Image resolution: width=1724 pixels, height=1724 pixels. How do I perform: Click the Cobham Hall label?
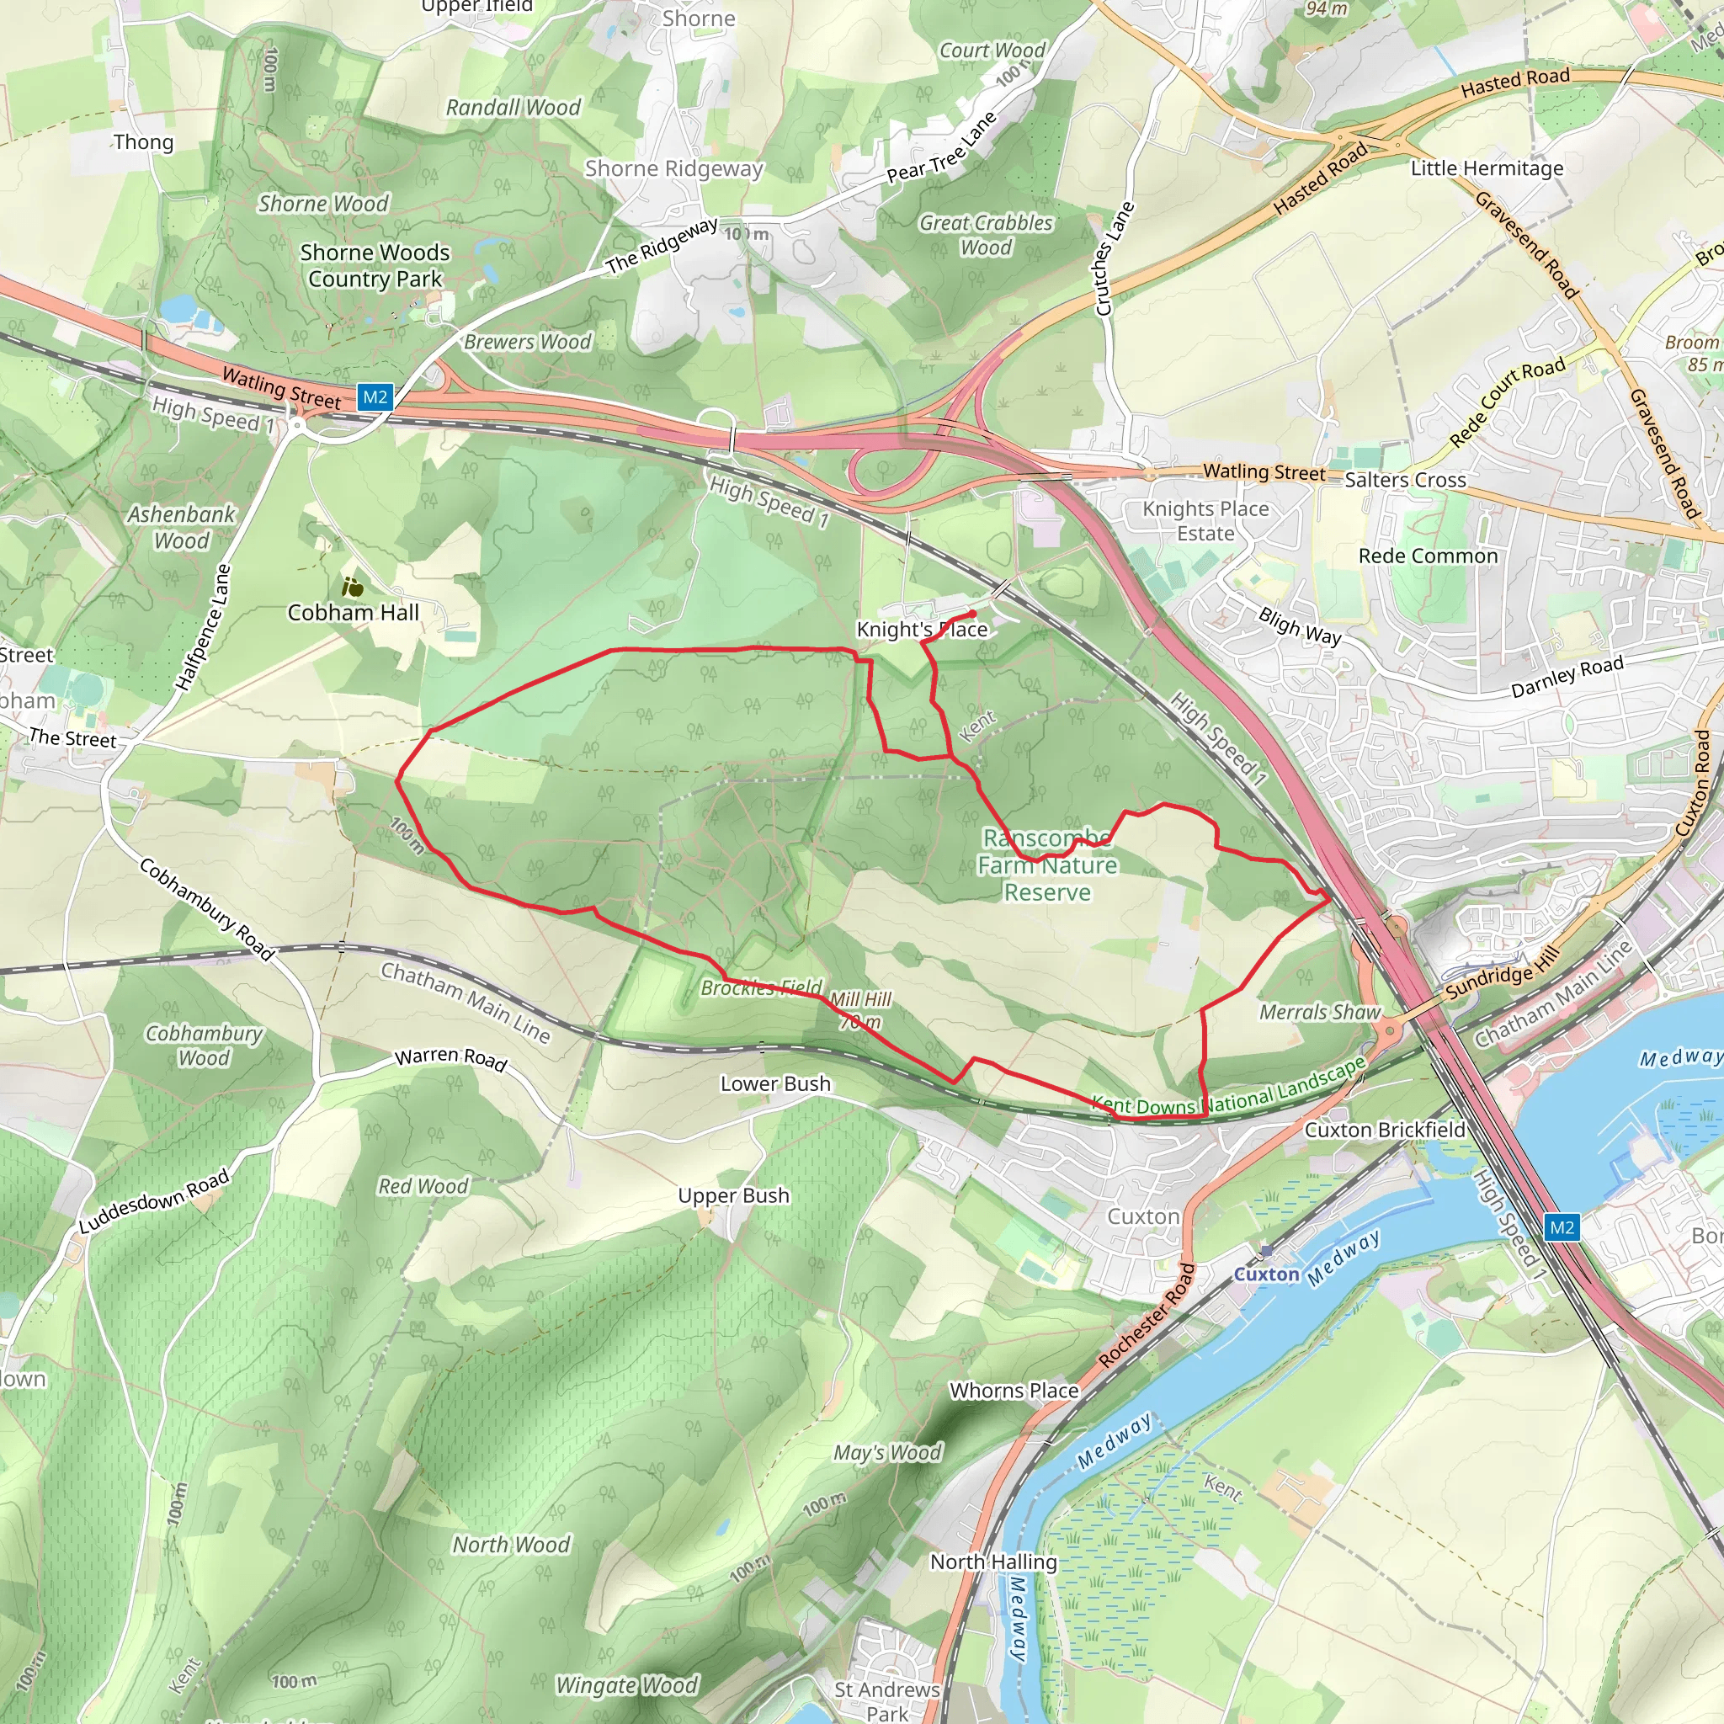(353, 612)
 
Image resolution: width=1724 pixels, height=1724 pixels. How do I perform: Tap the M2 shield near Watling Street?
(375, 397)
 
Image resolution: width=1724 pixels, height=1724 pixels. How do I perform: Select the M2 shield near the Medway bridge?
(1562, 1227)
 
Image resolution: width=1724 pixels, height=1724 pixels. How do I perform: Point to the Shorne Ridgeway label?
(673, 168)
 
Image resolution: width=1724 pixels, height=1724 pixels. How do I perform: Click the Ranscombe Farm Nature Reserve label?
(1047, 865)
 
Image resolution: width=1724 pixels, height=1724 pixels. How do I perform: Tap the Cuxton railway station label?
(1266, 1274)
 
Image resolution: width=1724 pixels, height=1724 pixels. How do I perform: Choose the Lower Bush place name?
(775, 1083)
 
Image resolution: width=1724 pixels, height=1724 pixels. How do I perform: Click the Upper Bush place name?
(733, 1195)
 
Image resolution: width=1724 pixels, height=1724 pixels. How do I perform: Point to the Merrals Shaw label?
(1320, 1012)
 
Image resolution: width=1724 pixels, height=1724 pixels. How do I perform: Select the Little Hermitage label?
(1487, 168)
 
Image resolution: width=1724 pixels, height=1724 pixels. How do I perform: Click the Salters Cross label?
(1406, 480)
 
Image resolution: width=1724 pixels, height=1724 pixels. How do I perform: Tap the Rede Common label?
(1428, 556)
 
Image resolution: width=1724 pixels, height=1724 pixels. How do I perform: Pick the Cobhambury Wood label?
(205, 1045)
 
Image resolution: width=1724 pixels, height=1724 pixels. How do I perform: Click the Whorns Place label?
(1014, 1391)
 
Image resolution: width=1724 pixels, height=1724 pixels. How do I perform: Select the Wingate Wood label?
(626, 1684)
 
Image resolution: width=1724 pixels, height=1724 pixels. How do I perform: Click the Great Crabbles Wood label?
(986, 235)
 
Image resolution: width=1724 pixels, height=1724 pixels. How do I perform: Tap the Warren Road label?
(450, 1058)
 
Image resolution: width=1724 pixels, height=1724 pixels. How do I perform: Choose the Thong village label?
(143, 142)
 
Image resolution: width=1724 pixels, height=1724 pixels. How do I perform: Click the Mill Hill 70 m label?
(860, 1010)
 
